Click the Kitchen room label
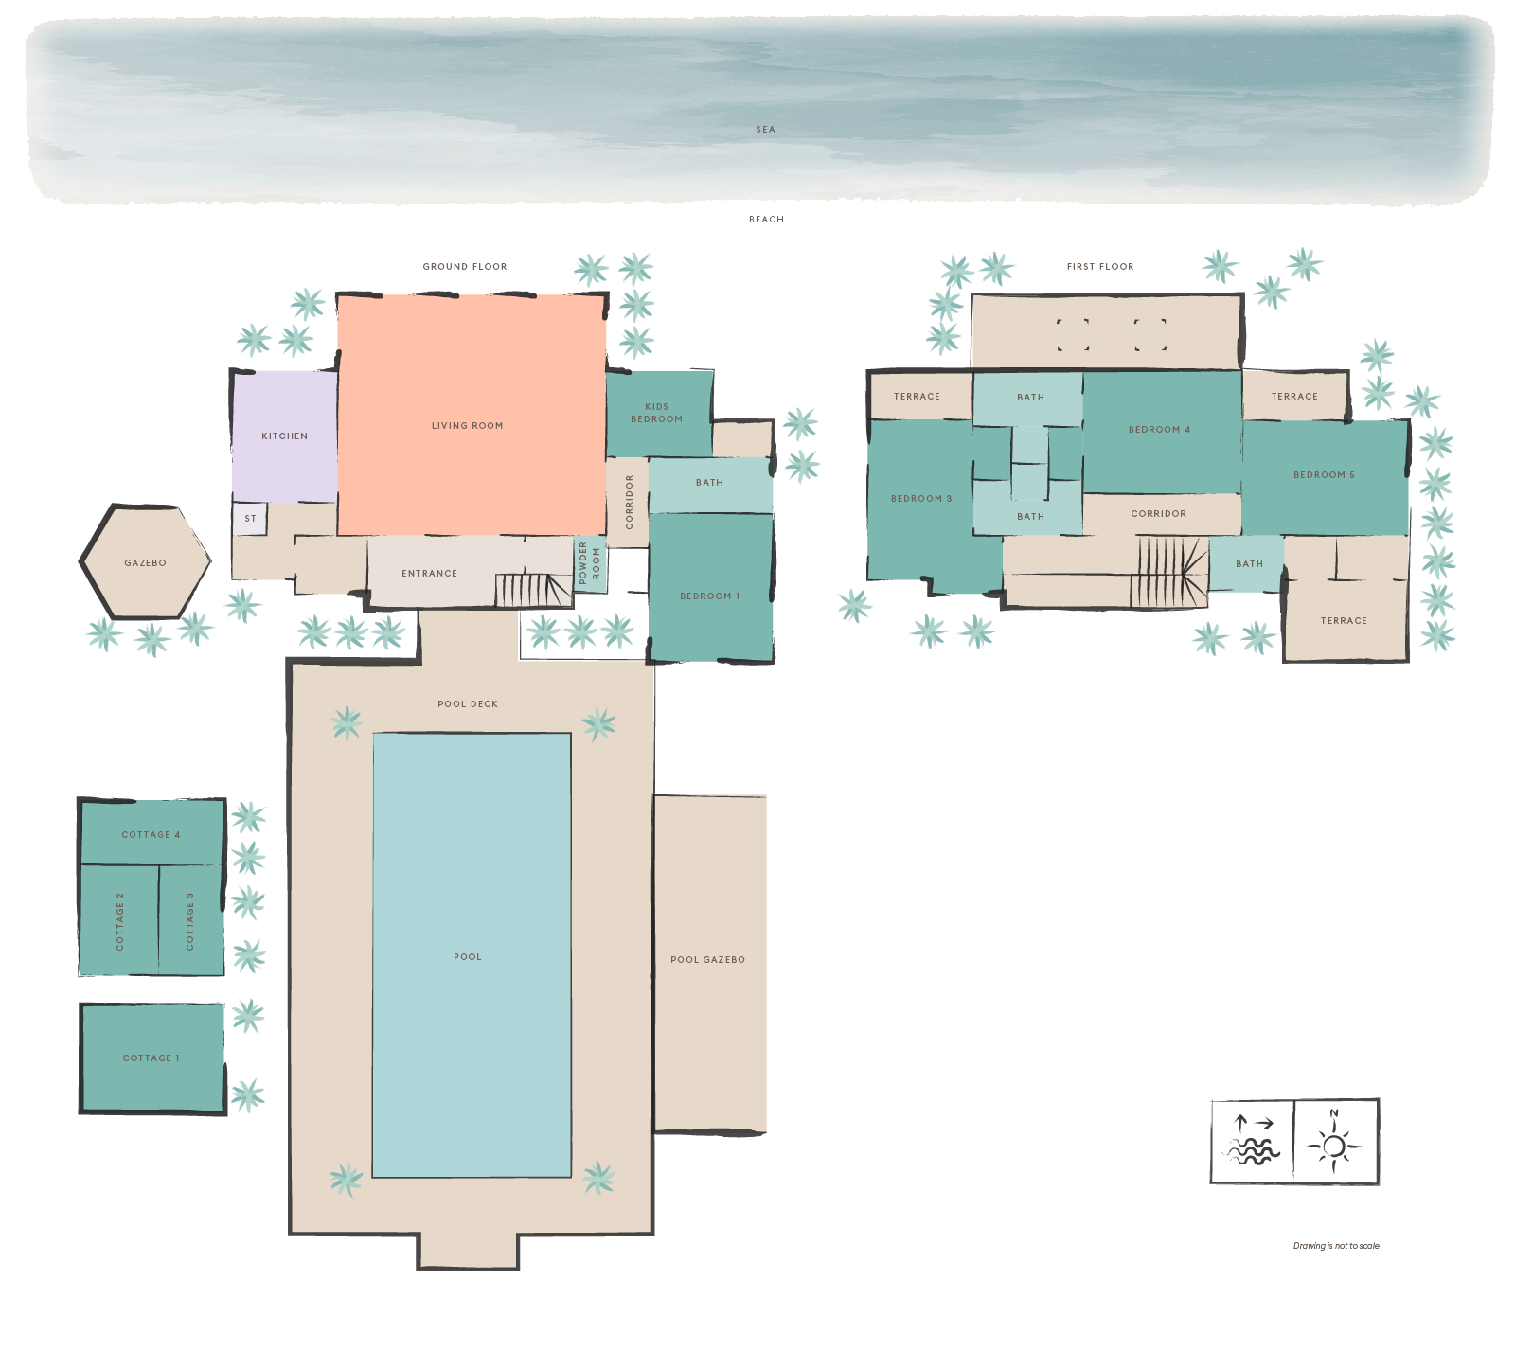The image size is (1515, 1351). pyautogui.click(x=284, y=436)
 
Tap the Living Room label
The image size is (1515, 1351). pyautogui.click(x=467, y=426)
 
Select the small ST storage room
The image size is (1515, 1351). pyautogui.click(x=250, y=519)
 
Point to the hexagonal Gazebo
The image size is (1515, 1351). pyautogui.click(x=145, y=562)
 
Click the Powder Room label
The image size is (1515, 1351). pyautogui.click(x=589, y=563)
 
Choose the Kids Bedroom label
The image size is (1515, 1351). pyautogui.click(x=656, y=413)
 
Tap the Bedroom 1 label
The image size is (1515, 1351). pyautogui.click(x=709, y=596)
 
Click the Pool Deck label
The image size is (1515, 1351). pyautogui.click(x=468, y=704)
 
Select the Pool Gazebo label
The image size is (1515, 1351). pyautogui.click(x=707, y=960)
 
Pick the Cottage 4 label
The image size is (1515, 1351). pyautogui.click(x=151, y=835)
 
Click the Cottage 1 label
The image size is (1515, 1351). pyautogui.click(x=151, y=1058)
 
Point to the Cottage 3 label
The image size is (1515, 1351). pyautogui.click(x=189, y=921)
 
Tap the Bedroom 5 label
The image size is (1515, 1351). pyautogui.click(x=1324, y=475)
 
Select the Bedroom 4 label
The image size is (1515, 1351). pyautogui.click(x=1159, y=430)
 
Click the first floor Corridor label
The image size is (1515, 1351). pyautogui.click(x=1158, y=514)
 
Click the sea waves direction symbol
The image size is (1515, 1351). pyautogui.click(x=1252, y=1141)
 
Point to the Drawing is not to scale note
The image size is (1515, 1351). pyautogui.click(x=1336, y=1246)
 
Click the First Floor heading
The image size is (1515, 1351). pyautogui.click(x=1100, y=267)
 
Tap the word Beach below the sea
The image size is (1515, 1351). pyautogui.click(x=766, y=220)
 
